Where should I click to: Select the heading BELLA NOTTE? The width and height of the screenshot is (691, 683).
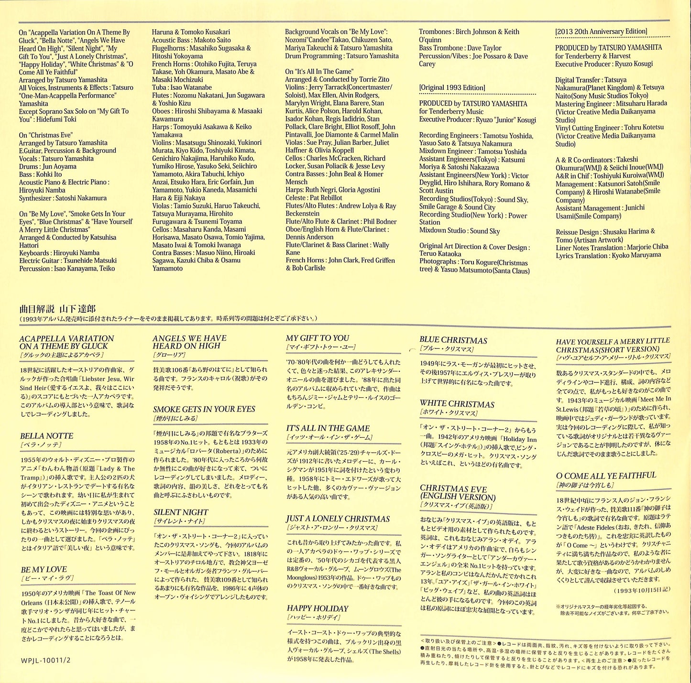point(47,436)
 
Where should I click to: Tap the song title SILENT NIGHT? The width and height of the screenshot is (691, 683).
point(181,512)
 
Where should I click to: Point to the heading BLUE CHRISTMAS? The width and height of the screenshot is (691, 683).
point(453,340)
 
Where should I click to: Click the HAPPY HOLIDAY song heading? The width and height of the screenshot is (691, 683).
point(318,608)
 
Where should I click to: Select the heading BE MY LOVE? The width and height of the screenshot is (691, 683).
point(44,569)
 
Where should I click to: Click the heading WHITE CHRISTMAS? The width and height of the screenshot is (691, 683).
point(457,404)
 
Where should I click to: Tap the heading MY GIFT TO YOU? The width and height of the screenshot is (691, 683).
point(318,338)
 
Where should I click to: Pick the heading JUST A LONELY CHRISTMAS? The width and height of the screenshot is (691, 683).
point(338,519)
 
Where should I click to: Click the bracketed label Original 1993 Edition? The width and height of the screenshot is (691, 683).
point(452,87)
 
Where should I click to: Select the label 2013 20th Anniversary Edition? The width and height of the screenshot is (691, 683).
point(601,32)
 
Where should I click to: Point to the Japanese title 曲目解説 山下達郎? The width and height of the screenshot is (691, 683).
point(57,309)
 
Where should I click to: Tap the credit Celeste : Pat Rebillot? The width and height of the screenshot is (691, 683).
point(314,197)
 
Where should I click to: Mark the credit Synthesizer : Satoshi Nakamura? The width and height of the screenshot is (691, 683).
point(63,198)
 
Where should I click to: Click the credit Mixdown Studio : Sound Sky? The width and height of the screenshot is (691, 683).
point(460,231)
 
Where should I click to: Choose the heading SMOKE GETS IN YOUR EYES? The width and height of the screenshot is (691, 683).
point(204,409)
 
